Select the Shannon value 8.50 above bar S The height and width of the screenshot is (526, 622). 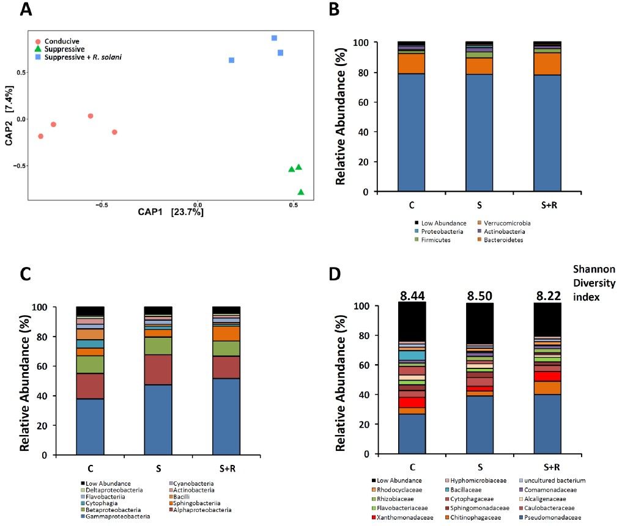pyautogui.click(x=480, y=296)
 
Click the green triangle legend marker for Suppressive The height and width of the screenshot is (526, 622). pyautogui.click(x=39, y=49)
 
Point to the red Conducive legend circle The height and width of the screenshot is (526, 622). pyautogui.click(x=39, y=41)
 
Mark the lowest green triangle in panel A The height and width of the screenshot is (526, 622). pyautogui.click(x=301, y=192)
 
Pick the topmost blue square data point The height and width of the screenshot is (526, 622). pyautogui.click(x=275, y=38)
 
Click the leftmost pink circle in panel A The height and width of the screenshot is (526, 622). pyautogui.click(x=41, y=136)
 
